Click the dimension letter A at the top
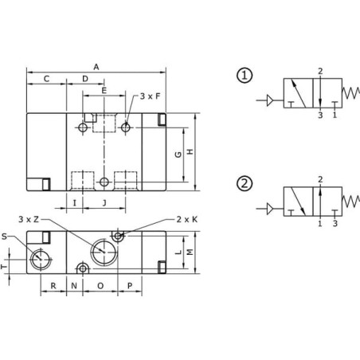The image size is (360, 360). coord(96,67)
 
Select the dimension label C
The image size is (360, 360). coord(46,79)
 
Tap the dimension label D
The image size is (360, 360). coord(85,79)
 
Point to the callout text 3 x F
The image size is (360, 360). coord(150,96)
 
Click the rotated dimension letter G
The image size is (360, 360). coord(178,155)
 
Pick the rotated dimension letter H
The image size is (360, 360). coord(190,151)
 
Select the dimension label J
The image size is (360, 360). coord(104,203)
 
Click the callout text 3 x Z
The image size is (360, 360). coord(29,219)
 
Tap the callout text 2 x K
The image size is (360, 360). coord(187,219)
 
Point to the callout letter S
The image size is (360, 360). coord(4,237)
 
